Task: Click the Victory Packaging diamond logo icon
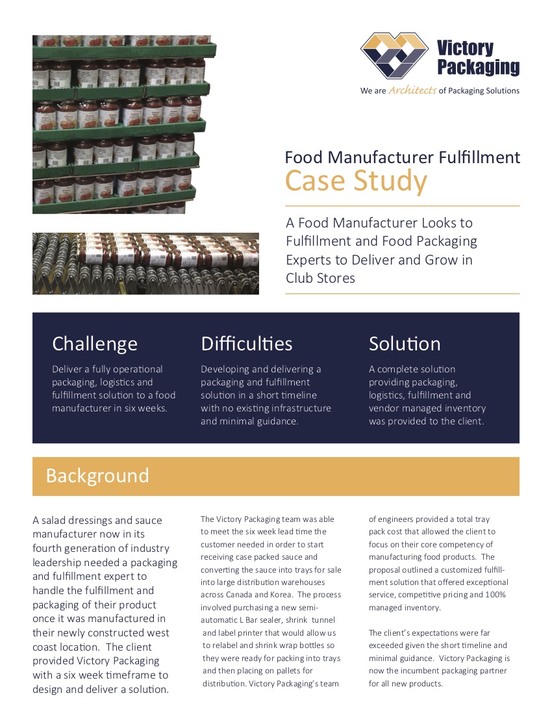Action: (394, 56)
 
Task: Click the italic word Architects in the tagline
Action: (412, 91)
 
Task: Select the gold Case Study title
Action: (356, 181)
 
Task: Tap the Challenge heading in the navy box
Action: (95, 343)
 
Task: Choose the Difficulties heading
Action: (247, 343)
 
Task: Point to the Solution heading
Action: (405, 343)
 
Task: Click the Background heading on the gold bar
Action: (97, 476)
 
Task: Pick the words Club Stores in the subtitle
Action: (320, 278)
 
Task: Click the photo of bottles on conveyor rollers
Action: (145, 263)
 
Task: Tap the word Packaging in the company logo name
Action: (478, 67)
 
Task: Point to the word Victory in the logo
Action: (465, 48)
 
